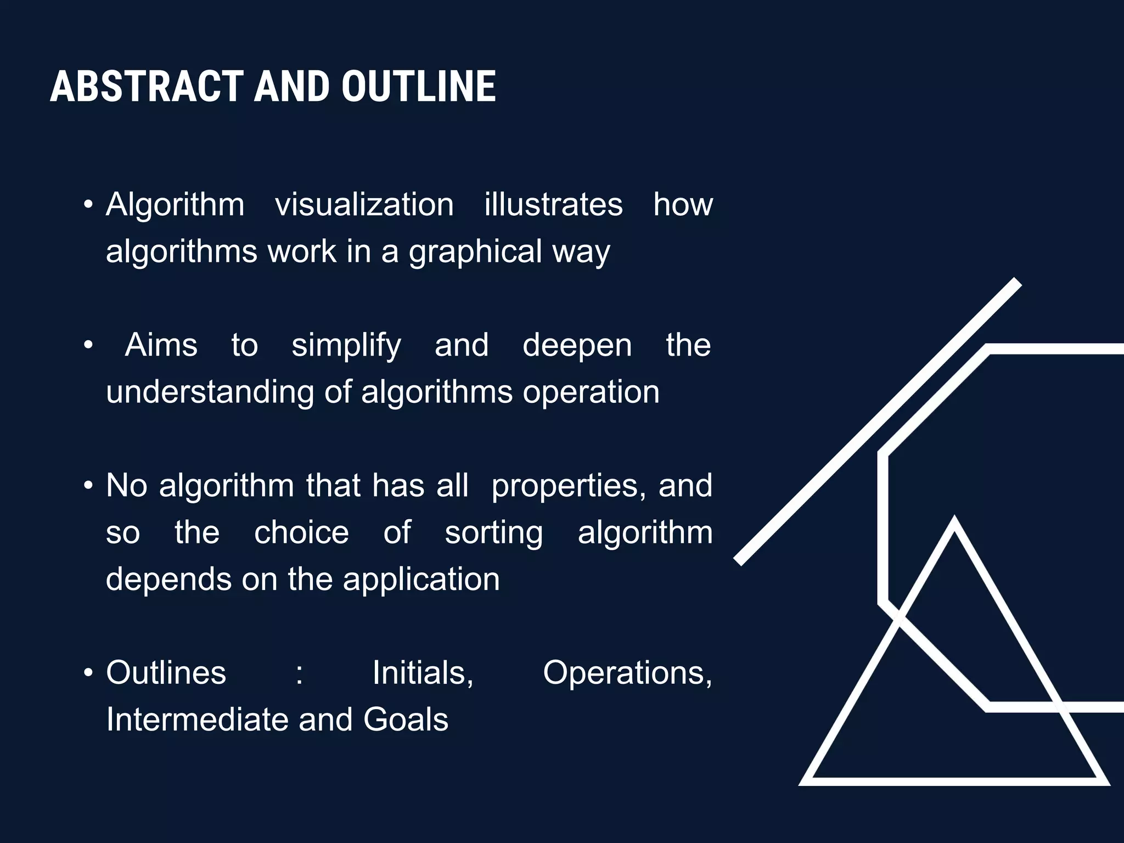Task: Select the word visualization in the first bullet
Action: click(364, 205)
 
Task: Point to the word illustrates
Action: click(553, 205)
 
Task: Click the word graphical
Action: click(475, 252)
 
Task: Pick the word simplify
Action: click(346, 346)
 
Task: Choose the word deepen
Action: click(577, 346)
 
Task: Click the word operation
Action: click(591, 392)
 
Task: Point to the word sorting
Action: click(493, 533)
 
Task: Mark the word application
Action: click(421, 580)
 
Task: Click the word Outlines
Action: click(166, 673)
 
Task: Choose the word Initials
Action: click(423, 673)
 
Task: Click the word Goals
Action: click(406, 720)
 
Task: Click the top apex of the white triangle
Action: click(954, 520)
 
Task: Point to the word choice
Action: click(301, 533)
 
